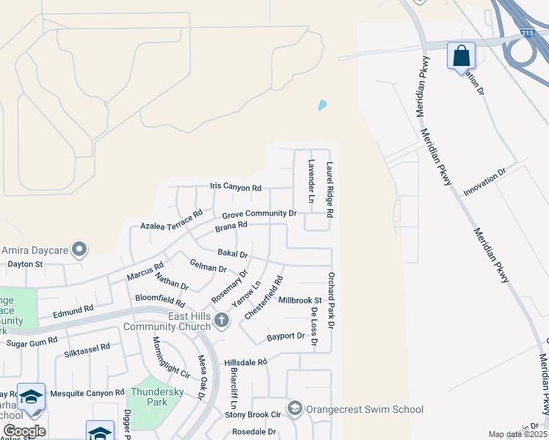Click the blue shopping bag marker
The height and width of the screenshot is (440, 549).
[461, 56]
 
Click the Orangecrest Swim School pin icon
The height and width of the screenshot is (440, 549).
[295, 408]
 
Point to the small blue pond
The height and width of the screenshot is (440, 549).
[321, 105]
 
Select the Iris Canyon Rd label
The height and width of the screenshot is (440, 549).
[236, 188]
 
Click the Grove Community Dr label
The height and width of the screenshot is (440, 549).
[259, 214]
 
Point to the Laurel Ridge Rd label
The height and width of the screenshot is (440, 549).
[330, 189]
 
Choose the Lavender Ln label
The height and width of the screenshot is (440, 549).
[311, 181]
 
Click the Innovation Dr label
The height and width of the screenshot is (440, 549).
[484, 183]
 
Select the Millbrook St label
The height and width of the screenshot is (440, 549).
[300, 300]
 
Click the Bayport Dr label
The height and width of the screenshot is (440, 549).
[286, 336]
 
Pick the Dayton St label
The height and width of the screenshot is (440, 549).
[25, 263]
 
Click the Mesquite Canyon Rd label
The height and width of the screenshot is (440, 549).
[83, 393]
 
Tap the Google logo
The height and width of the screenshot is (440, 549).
[24, 431]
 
